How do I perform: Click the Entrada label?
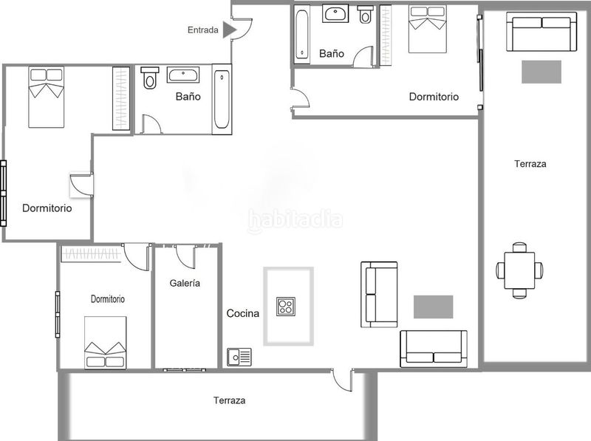tap(202, 30)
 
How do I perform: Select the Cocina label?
tap(242, 313)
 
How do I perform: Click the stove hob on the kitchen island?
tap(287, 306)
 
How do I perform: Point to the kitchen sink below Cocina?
tap(239, 357)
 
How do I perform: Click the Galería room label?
tap(185, 282)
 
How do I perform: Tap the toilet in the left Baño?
tap(150, 78)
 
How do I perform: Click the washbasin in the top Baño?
tap(336, 14)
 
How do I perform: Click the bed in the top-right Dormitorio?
tap(428, 30)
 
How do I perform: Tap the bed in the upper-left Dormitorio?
tap(47, 96)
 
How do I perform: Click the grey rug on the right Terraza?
tap(542, 72)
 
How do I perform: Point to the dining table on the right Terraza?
tap(520, 270)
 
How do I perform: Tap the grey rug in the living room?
tap(433, 306)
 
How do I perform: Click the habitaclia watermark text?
tap(295, 219)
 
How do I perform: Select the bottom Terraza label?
tap(229, 400)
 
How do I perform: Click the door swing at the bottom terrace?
tap(341, 379)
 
